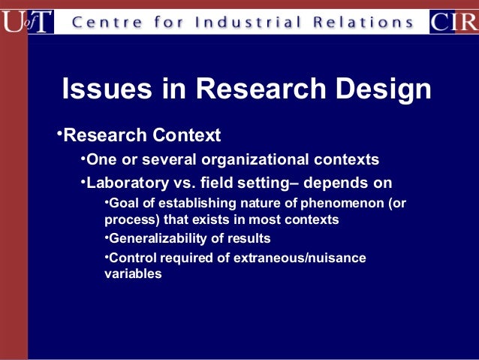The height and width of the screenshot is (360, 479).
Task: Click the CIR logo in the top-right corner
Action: tap(453, 21)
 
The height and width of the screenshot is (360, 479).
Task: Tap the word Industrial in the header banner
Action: tap(246, 22)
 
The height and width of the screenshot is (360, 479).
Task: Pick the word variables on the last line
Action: tap(133, 274)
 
